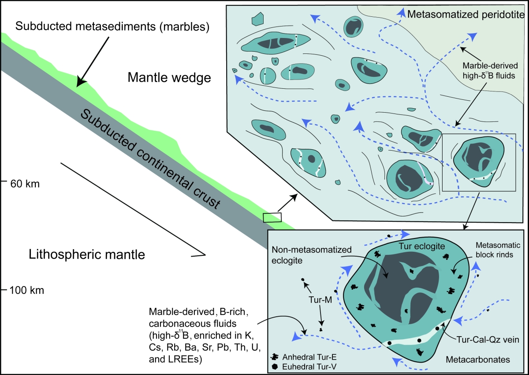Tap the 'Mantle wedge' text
(x=169, y=78)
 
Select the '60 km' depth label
(x=25, y=183)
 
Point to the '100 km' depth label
(x=27, y=291)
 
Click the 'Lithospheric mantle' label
(x=87, y=255)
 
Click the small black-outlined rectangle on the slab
(x=272, y=217)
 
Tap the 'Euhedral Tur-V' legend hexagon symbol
(x=275, y=366)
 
